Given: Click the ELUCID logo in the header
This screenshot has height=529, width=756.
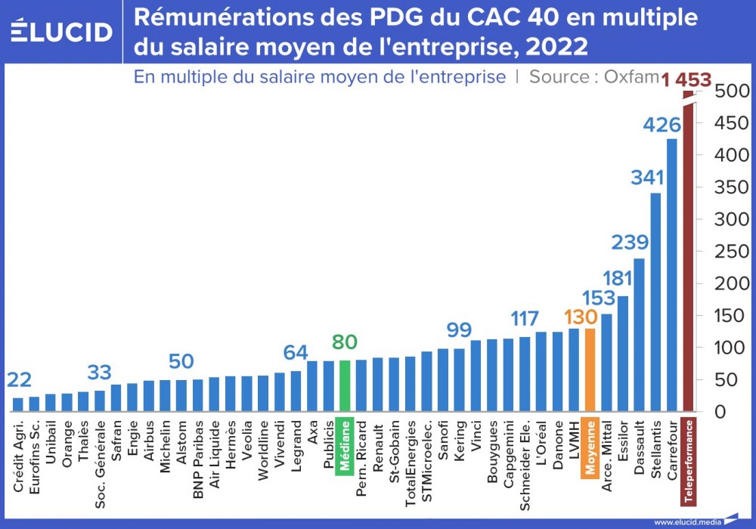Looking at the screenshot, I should coord(62,32).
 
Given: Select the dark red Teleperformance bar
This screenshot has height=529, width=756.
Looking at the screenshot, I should coord(688,257).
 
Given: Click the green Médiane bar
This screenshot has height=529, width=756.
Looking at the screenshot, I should coord(345,386).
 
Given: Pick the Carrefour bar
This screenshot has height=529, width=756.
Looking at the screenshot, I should coord(671,275).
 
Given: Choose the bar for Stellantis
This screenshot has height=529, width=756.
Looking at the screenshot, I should coord(655,302).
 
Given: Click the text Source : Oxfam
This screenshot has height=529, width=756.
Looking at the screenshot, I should coord(594,77).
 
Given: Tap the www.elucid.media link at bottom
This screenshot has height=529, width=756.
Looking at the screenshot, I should coord(685,521).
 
